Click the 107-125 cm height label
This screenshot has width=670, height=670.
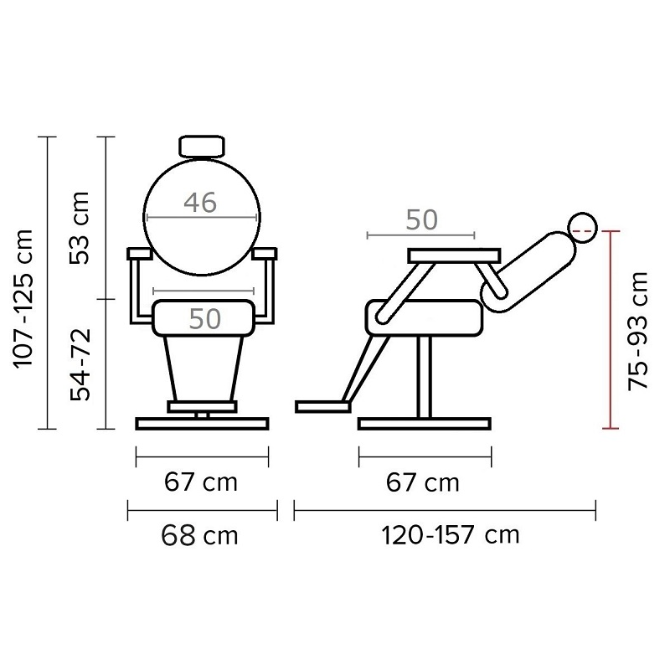click(23, 298)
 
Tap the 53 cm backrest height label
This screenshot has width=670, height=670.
click(80, 228)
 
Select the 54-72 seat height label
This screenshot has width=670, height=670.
click(80, 364)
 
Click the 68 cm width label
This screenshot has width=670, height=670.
click(199, 535)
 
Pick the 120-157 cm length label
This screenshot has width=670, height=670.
click(451, 535)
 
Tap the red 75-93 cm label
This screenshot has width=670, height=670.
click(638, 331)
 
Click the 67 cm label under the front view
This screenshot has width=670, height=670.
click(201, 482)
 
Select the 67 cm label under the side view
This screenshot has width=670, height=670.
click(423, 483)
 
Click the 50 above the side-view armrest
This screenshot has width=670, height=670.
click(422, 219)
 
